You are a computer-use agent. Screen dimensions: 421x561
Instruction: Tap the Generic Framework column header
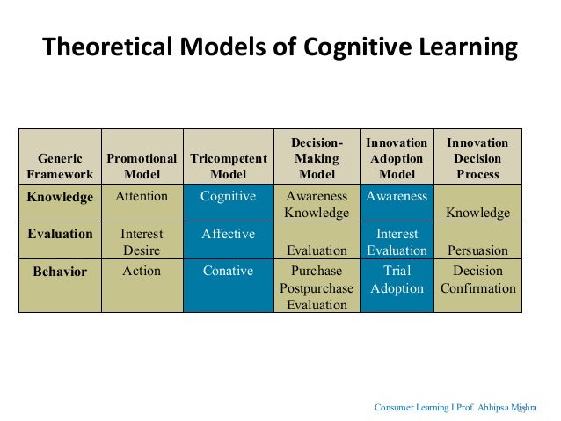click(x=60, y=166)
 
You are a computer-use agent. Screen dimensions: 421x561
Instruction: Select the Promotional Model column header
click(x=142, y=166)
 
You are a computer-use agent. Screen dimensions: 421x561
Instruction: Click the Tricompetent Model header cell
click(x=228, y=166)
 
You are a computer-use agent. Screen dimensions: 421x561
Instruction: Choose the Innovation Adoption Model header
click(x=397, y=158)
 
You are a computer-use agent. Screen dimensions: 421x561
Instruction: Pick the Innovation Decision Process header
click(x=477, y=158)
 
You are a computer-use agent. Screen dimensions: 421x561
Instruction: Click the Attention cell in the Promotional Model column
click(x=142, y=196)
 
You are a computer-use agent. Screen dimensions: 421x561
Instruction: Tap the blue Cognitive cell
click(x=228, y=196)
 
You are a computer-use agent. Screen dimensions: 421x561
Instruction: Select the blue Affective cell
click(x=228, y=234)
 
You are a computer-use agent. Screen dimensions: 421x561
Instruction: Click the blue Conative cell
click(x=228, y=271)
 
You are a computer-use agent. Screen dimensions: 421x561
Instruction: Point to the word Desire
click(x=142, y=250)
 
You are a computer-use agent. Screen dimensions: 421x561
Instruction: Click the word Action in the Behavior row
click(x=142, y=271)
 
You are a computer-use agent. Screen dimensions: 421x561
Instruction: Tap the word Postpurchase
click(x=317, y=288)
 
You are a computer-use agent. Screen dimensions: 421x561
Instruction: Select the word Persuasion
click(x=477, y=250)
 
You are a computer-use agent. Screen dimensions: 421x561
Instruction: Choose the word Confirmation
click(x=477, y=288)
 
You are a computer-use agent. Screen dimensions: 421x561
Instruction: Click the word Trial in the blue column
click(x=397, y=271)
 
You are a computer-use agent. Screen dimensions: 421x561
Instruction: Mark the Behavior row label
click(x=60, y=272)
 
